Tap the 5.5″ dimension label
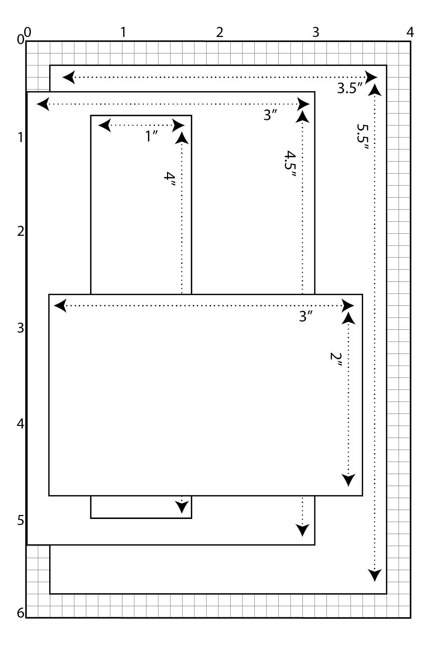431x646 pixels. click(x=363, y=138)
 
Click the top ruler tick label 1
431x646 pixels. click(x=123, y=33)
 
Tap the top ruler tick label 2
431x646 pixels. click(x=220, y=33)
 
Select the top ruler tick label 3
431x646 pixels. click(x=316, y=33)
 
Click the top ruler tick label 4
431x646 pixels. click(x=410, y=33)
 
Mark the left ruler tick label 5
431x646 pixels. click(x=21, y=520)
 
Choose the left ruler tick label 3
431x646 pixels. click(x=21, y=328)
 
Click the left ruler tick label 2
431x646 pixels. click(x=21, y=231)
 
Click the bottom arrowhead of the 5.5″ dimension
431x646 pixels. click(x=375, y=575)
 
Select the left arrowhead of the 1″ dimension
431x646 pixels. click(x=104, y=126)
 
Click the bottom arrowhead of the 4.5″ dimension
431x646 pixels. click(x=303, y=530)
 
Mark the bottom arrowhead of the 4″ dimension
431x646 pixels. click(x=182, y=507)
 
